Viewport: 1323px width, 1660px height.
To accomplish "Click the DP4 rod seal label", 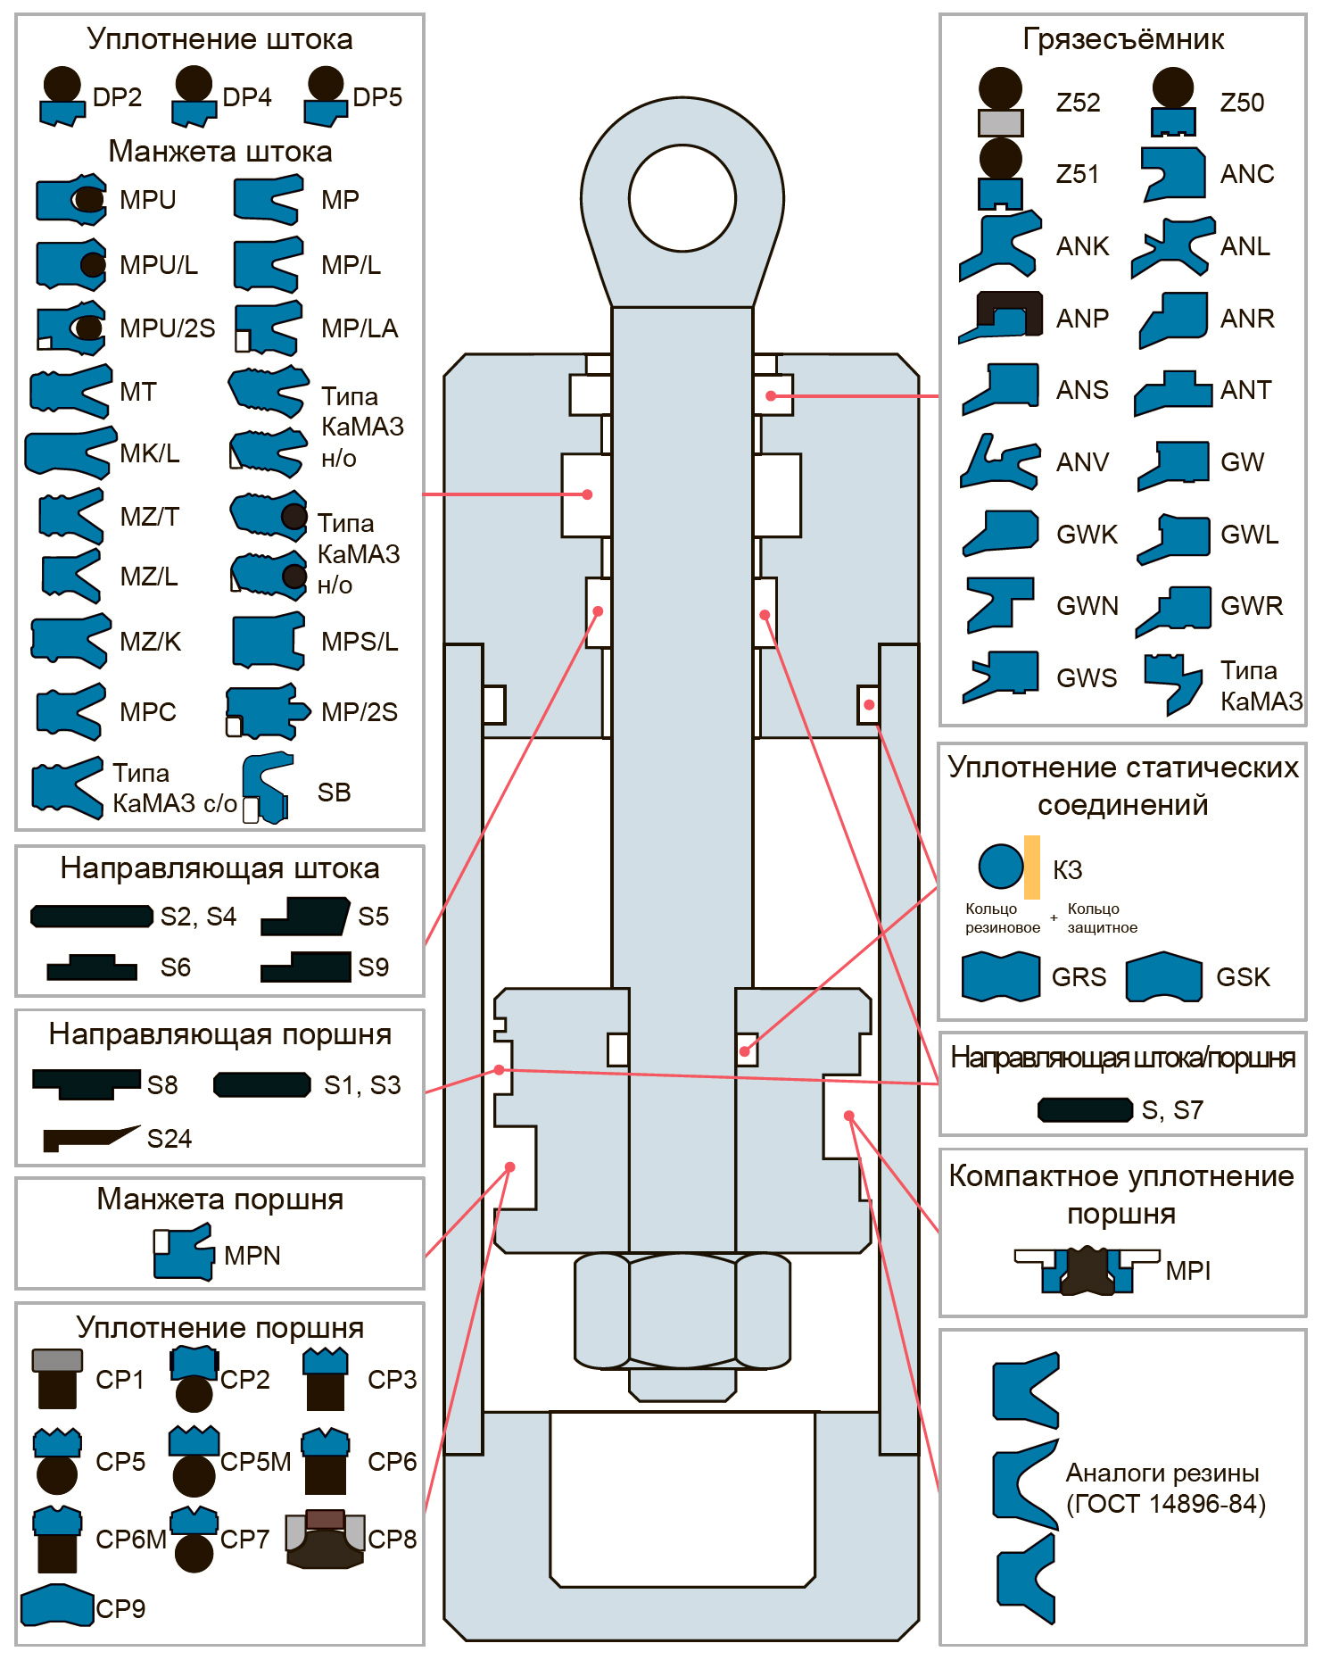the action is (x=247, y=96).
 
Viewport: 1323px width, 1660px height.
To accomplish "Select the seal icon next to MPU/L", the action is (x=71, y=264).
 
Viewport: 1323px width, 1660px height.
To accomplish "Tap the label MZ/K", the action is (x=151, y=641).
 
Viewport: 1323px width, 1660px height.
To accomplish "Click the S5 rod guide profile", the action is (x=305, y=916).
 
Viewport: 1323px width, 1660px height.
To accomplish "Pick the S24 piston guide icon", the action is (x=91, y=1138).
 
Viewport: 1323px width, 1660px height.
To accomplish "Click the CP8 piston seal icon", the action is (x=325, y=1539).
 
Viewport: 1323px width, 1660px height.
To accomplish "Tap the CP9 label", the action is (x=120, y=1608).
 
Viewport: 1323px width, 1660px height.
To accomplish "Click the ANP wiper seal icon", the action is (x=1000, y=317).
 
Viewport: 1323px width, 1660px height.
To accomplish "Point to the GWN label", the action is (x=1087, y=606).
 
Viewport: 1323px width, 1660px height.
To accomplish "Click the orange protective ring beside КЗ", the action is (x=1032, y=867).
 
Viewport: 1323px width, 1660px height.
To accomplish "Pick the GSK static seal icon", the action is (x=1163, y=976).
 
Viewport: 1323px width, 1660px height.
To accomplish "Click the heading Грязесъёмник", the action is (x=1123, y=39).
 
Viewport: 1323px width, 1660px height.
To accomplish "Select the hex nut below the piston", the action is (x=682, y=1310).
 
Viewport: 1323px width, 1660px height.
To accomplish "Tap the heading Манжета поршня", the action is (x=220, y=1199).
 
